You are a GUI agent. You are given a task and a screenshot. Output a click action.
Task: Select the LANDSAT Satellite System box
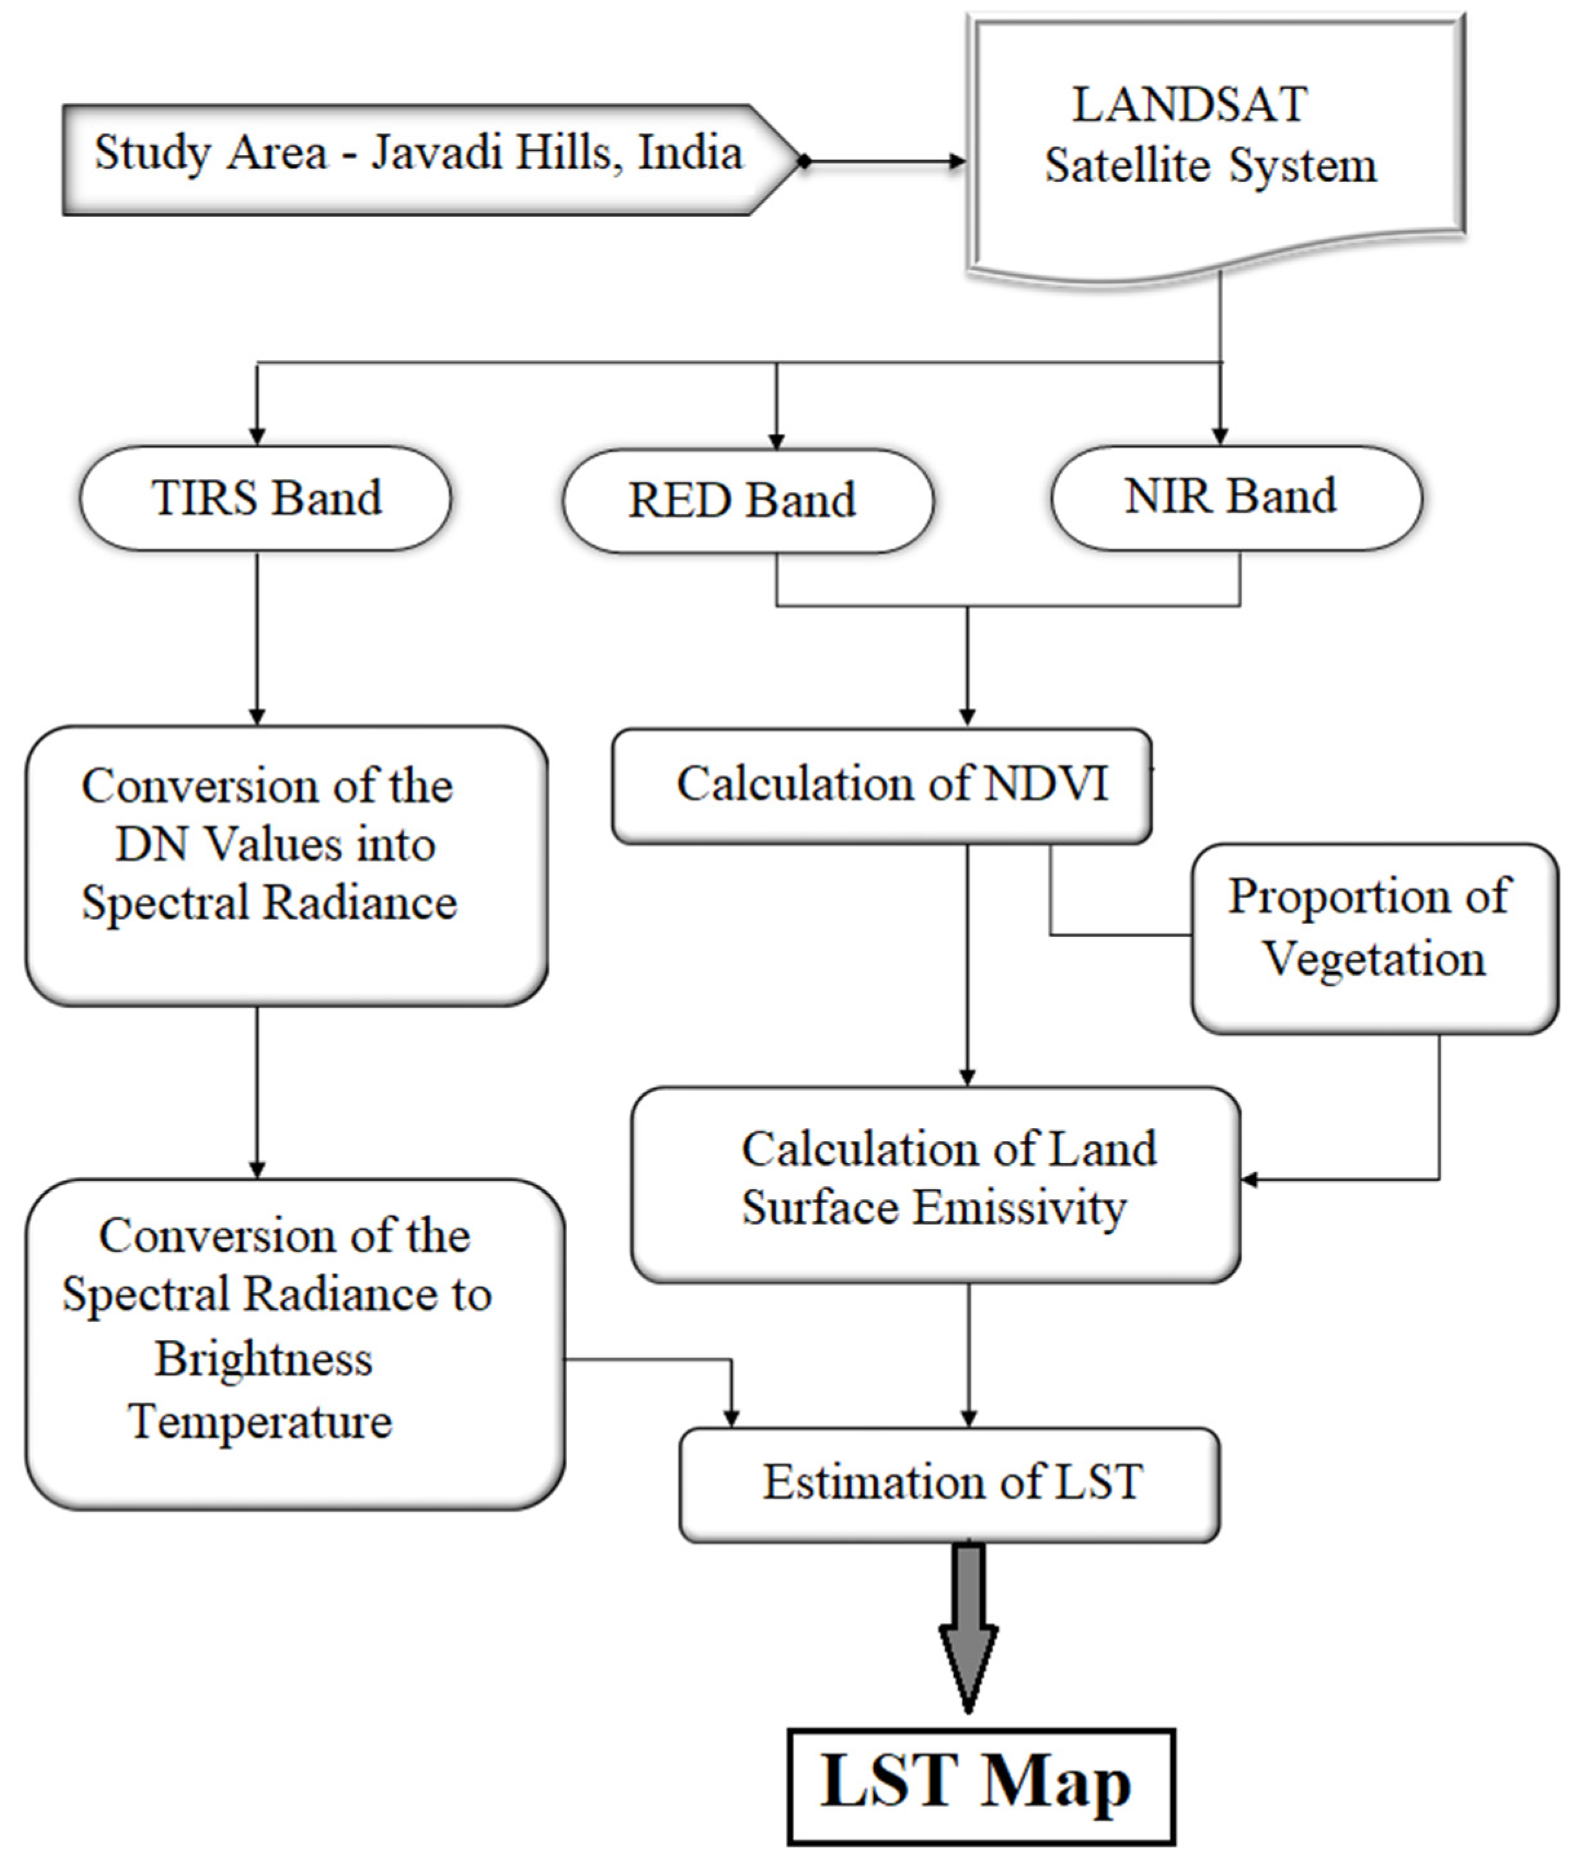[x=1214, y=144]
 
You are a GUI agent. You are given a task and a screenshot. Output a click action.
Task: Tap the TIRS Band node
[x=265, y=498]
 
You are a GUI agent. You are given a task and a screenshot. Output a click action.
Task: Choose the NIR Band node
[x=1236, y=497]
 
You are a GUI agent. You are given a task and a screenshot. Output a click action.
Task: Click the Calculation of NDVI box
[x=881, y=785]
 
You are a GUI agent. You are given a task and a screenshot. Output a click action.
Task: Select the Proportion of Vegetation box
[x=1373, y=938]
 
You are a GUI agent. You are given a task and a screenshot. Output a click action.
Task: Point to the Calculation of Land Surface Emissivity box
[x=935, y=1183]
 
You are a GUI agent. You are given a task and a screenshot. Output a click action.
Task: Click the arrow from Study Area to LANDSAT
[x=886, y=162]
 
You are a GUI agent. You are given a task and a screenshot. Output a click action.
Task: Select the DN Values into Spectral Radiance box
[x=286, y=863]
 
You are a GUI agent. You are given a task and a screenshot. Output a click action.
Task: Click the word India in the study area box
[x=691, y=153]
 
